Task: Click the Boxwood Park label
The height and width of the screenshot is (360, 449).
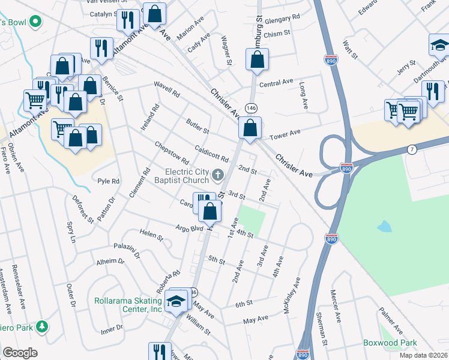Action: (390, 343)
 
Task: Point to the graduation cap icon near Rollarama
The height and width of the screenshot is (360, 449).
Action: (176, 301)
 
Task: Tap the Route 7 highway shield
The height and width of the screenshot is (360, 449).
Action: (411, 149)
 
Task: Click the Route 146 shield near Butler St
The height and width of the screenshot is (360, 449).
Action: (251, 107)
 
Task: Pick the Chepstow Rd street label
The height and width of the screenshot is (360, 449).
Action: (172, 154)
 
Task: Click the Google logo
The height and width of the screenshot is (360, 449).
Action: (19, 353)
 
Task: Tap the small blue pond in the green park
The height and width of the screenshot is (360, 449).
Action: (383, 227)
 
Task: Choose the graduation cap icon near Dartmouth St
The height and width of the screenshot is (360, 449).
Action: (439, 47)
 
